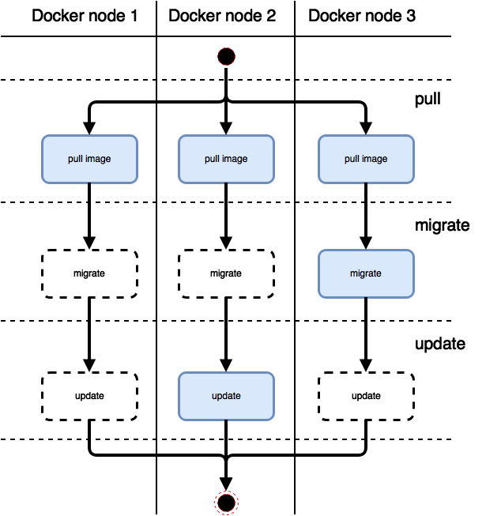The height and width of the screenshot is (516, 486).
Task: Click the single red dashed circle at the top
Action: coord(226,56)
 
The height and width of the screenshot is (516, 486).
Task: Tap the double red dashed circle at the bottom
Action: coord(226,502)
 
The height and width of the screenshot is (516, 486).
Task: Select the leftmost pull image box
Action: coord(89,159)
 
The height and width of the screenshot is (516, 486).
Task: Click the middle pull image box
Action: coord(226,159)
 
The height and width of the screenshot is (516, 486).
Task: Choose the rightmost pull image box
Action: coord(366,159)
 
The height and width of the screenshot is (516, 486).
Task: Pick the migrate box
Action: coord(366,273)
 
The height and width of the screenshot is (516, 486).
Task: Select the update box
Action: coord(226,396)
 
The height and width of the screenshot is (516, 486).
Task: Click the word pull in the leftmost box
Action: coord(75,159)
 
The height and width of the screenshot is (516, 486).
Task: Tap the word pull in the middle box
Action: coord(212,159)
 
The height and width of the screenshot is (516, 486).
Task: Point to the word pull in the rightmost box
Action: coord(352,159)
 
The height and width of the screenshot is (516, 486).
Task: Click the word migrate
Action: coord(366,273)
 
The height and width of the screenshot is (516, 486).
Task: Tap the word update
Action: coord(226,396)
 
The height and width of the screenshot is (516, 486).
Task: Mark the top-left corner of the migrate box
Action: coord(320,251)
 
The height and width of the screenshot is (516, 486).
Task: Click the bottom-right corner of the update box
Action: coord(273,419)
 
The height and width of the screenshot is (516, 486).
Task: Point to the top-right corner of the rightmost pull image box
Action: coord(413,137)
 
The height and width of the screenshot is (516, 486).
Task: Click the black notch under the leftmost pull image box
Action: coord(89,183)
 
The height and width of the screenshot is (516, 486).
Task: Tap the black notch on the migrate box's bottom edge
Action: coord(366,297)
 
